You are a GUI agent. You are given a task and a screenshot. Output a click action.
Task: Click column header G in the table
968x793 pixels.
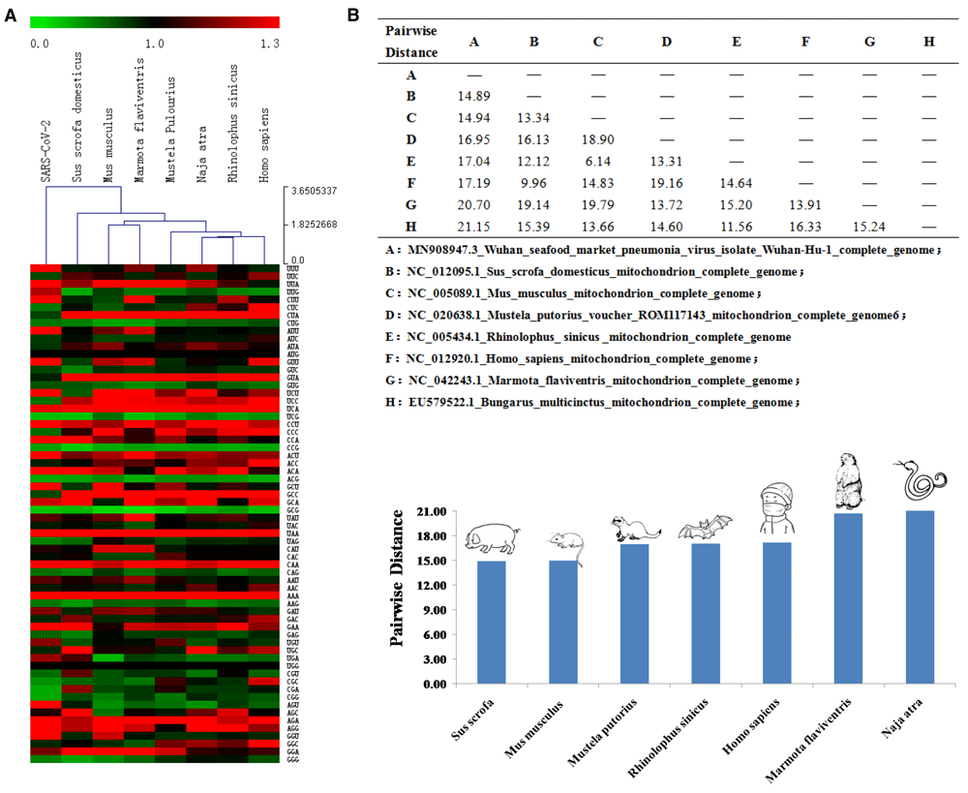tap(868, 41)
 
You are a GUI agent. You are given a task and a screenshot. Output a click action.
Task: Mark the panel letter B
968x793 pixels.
tap(353, 15)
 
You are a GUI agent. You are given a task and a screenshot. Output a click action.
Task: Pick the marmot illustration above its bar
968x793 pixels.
tap(850, 484)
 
